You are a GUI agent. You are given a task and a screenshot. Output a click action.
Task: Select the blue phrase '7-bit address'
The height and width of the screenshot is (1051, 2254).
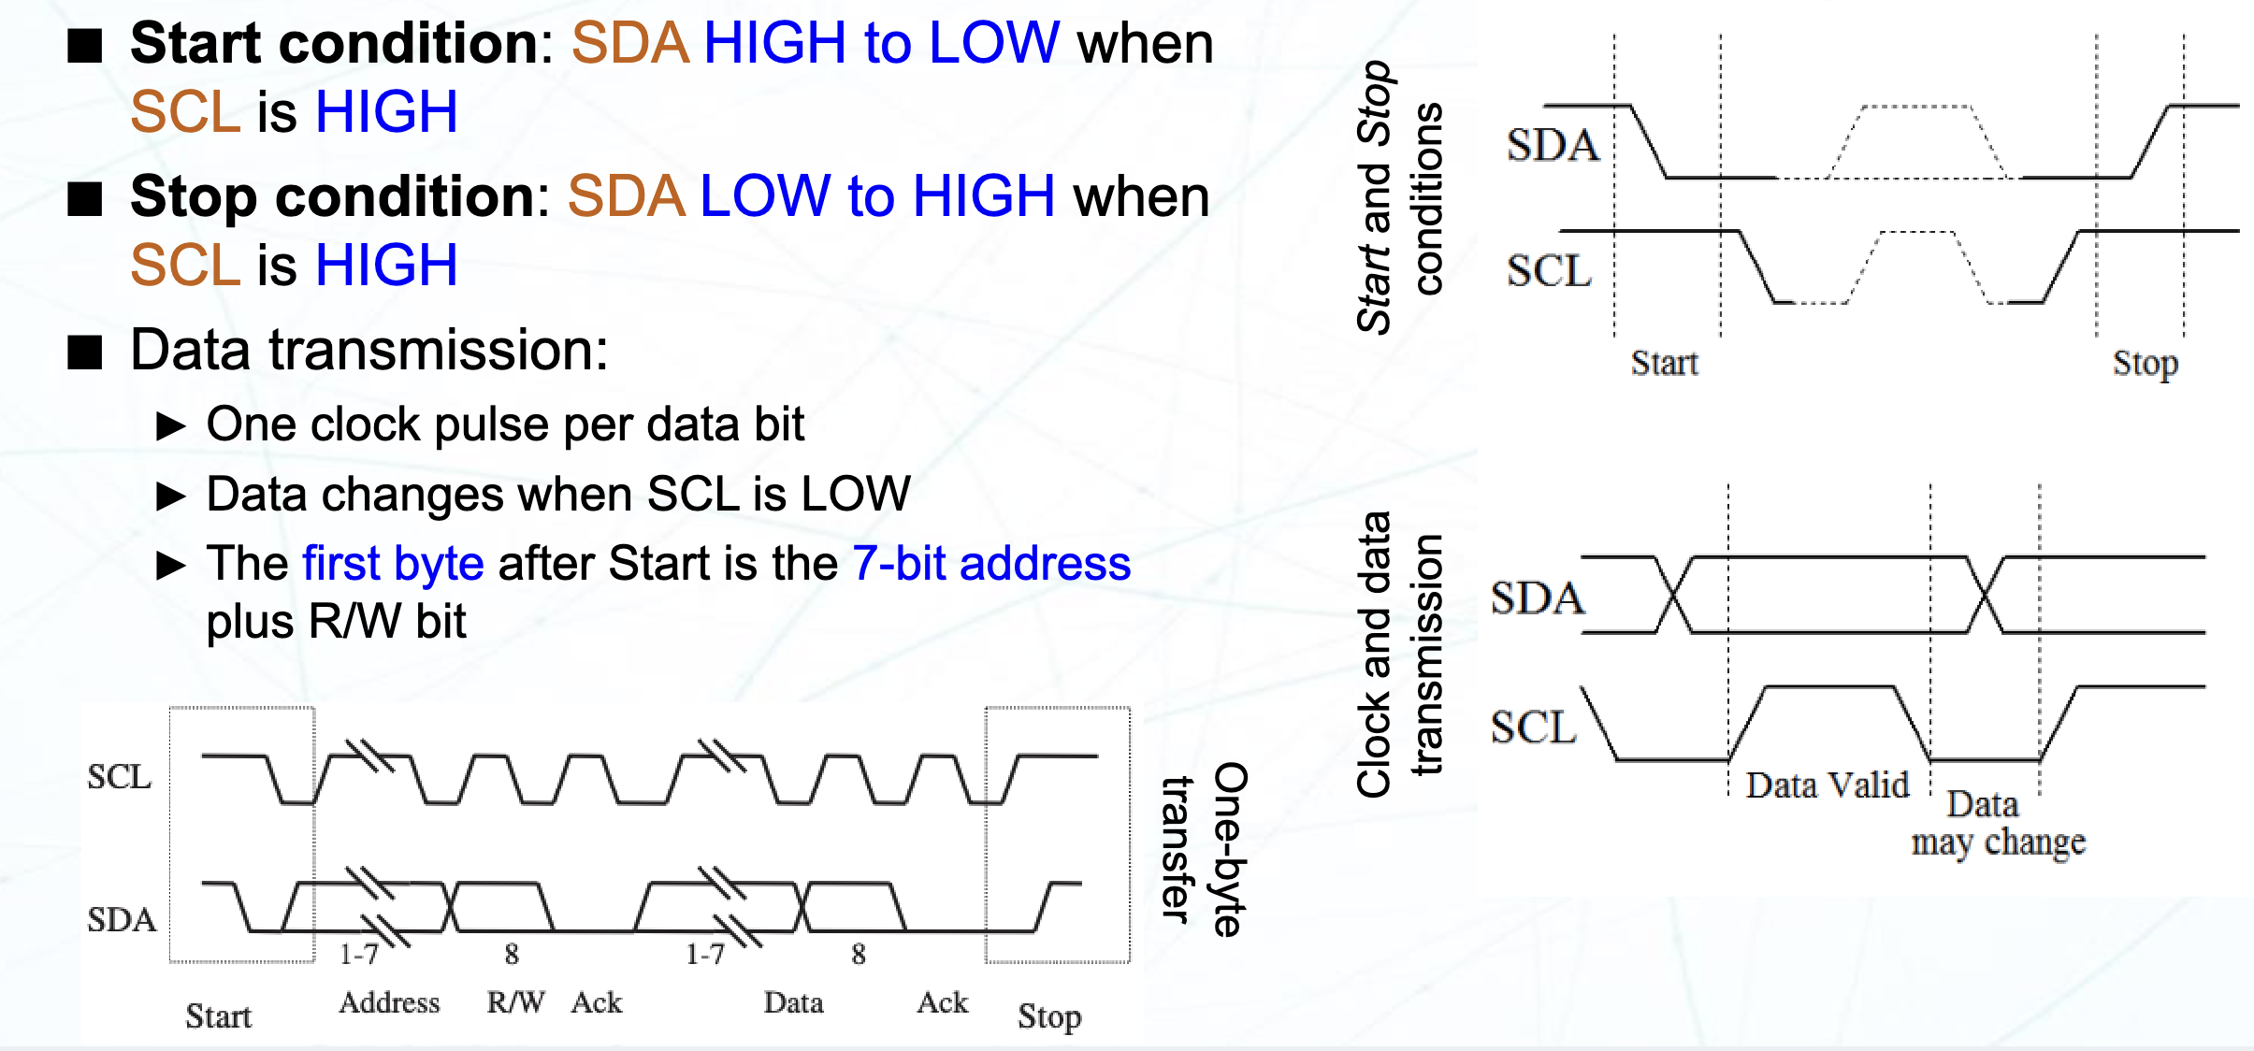[x=991, y=564]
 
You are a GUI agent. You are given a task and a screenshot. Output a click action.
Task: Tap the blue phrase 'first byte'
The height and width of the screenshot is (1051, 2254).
[x=393, y=564]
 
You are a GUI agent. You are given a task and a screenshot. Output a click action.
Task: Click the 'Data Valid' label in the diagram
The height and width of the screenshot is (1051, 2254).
[x=1827, y=785]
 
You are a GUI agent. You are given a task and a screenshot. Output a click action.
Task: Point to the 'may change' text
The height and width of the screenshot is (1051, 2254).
[x=1998, y=842]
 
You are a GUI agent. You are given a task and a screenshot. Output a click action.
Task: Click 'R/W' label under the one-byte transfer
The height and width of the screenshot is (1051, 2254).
[x=515, y=1002]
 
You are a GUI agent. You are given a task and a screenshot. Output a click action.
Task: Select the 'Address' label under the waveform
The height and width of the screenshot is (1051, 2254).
[x=389, y=1002]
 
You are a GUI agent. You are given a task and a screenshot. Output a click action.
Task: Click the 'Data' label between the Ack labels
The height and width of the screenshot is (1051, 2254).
[x=793, y=1002]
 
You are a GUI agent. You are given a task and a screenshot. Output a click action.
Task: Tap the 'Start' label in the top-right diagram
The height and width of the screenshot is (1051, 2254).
[x=1664, y=363]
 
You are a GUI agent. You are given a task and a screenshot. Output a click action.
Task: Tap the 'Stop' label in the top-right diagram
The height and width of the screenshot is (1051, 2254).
[x=2145, y=363]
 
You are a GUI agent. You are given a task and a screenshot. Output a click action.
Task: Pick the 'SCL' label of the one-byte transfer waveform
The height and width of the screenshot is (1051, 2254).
[x=119, y=777]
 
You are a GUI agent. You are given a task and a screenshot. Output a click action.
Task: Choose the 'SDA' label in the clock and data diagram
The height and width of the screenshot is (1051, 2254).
[x=1537, y=598]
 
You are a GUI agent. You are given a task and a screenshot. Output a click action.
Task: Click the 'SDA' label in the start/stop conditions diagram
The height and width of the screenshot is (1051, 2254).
[x=1553, y=146]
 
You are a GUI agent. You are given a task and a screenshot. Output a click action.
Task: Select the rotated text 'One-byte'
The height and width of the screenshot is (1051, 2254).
[x=1230, y=849]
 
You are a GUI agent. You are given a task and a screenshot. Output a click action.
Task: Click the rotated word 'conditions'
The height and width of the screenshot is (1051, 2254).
[x=1428, y=198]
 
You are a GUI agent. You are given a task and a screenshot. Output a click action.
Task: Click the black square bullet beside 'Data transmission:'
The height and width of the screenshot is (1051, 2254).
[x=85, y=352]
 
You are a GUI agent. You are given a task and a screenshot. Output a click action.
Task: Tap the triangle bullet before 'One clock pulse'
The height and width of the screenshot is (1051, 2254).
[x=170, y=426]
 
